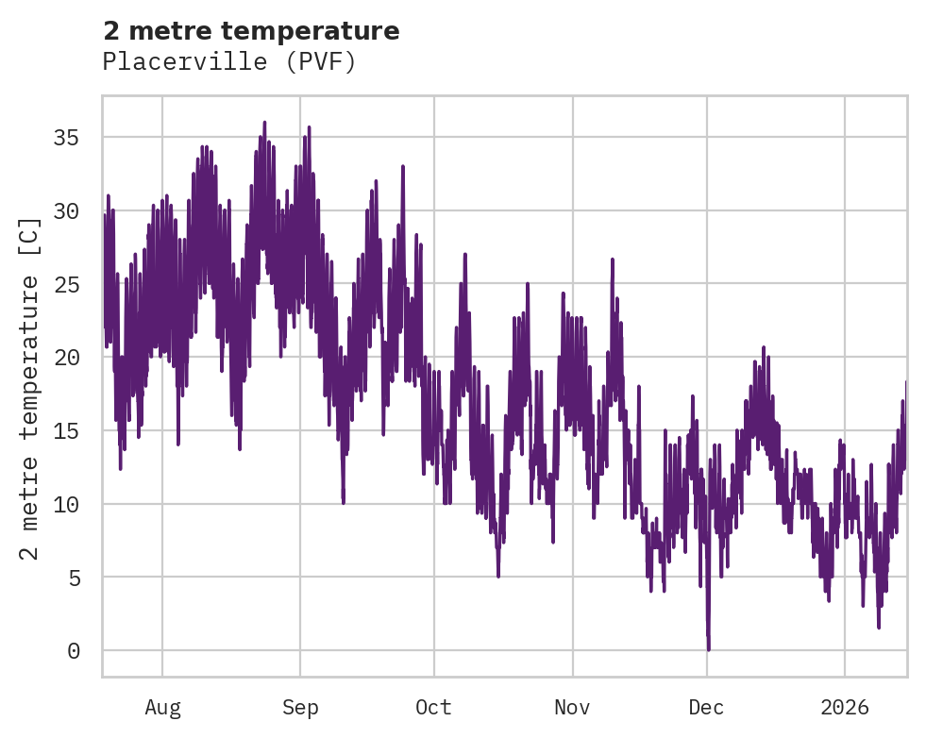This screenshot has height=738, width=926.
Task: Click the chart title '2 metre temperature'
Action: pyautogui.click(x=251, y=31)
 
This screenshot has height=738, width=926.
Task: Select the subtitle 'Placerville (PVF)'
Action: pyautogui.click(x=229, y=62)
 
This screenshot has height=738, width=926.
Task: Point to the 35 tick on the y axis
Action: pyautogui.click(x=66, y=138)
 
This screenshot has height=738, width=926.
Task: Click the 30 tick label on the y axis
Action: pyautogui.click(x=66, y=210)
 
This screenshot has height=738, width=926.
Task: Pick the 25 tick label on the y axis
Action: pyautogui.click(x=66, y=284)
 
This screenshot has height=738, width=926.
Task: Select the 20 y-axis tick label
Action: pyautogui.click(x=66, y=358)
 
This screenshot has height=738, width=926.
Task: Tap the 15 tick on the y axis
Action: pyautogui.click(x=66, y=430)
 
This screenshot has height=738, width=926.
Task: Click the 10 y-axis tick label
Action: pyautogui.click(x=66, y=504)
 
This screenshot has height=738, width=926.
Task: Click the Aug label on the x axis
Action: pyautogui.click(x=162, y=708)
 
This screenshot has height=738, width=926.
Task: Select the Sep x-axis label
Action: pyautogui.click(x=300, y=708)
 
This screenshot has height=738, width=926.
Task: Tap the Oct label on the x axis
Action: pyautogui.click(x=434, y=708)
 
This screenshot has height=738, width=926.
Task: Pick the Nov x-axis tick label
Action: pyautogui.click(x=572, y=708)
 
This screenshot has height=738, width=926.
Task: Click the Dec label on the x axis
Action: pyautogui.click(x=706, y=708)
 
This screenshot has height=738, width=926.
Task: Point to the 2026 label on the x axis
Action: pyautogui.click(x=845, y=708)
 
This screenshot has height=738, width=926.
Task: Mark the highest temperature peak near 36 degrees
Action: pyautogui.click(x=264, y=123)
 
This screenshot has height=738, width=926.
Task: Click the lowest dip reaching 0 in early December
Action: pyautogui.click(x=708, y=648)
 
